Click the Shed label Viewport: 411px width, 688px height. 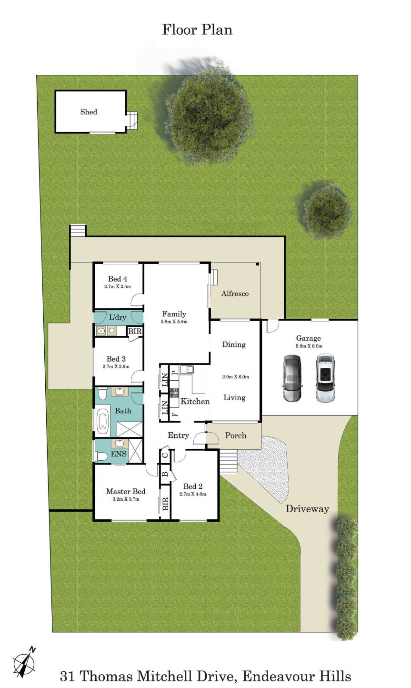(89, 112)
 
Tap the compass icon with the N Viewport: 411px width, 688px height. (23, 661)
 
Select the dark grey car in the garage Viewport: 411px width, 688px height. (291, 378)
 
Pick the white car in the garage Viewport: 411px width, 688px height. (324, 378)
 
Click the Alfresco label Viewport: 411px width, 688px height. (235, 294)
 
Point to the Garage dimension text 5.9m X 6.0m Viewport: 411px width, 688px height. (309, 346)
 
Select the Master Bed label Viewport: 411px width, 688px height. (126, 492)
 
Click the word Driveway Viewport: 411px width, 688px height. (307, 509)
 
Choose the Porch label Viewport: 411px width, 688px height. (236, 435)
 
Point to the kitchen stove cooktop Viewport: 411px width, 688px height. (173, 393)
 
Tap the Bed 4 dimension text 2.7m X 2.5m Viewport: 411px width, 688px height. (117, 287)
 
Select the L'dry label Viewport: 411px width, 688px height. (117, 317)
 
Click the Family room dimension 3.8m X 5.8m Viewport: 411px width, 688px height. (174, 322)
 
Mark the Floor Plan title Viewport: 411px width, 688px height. (197, 30)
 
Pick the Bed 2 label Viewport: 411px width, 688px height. (193, 486)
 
